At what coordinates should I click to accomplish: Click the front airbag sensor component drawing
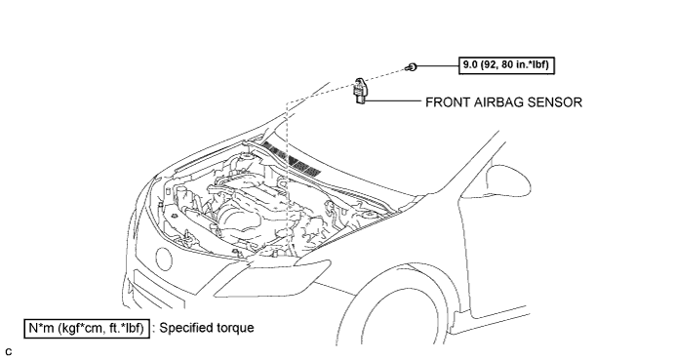tap(360, 91)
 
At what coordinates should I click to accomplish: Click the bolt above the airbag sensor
tap(412, 66)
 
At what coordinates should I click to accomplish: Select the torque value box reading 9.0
tap(506, 65)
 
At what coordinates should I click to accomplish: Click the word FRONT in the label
tap(448, 102)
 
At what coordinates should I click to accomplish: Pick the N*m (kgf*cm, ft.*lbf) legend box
tap(87, 329)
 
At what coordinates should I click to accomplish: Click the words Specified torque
tap(207, 328)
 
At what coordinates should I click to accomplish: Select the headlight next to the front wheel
tap(272, 278)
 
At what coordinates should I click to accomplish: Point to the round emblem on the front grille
tap(163, 259)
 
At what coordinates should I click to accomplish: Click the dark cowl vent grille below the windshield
tap(293, 160)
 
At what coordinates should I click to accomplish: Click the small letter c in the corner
tap(9, 351)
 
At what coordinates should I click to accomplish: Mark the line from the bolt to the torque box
tap(437, 66)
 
